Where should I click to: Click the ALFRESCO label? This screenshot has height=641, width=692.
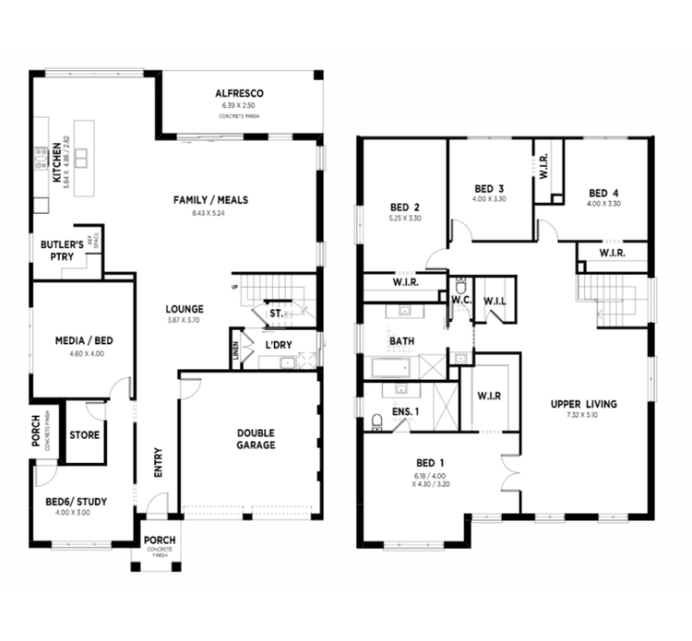coord(240,94)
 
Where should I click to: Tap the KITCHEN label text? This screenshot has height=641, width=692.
coord(57,164)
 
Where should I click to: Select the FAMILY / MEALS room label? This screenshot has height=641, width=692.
coord(211,200)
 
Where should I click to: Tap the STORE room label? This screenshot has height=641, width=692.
coord(84,434)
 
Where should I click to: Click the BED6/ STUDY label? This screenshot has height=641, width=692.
coord(76,502)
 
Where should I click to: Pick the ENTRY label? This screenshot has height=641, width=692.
coord(158,464)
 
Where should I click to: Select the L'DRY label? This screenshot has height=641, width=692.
coord(279,345)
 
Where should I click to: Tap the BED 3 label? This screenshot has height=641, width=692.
coord(489,187)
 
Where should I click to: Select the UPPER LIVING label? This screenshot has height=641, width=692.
coord(583,404)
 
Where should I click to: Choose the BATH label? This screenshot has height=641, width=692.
coord(401,341)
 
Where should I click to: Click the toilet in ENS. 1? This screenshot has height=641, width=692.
coord(376,421)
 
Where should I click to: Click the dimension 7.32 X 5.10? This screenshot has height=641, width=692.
coord(583,417)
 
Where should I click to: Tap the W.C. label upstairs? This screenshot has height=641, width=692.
coord(461,300)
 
